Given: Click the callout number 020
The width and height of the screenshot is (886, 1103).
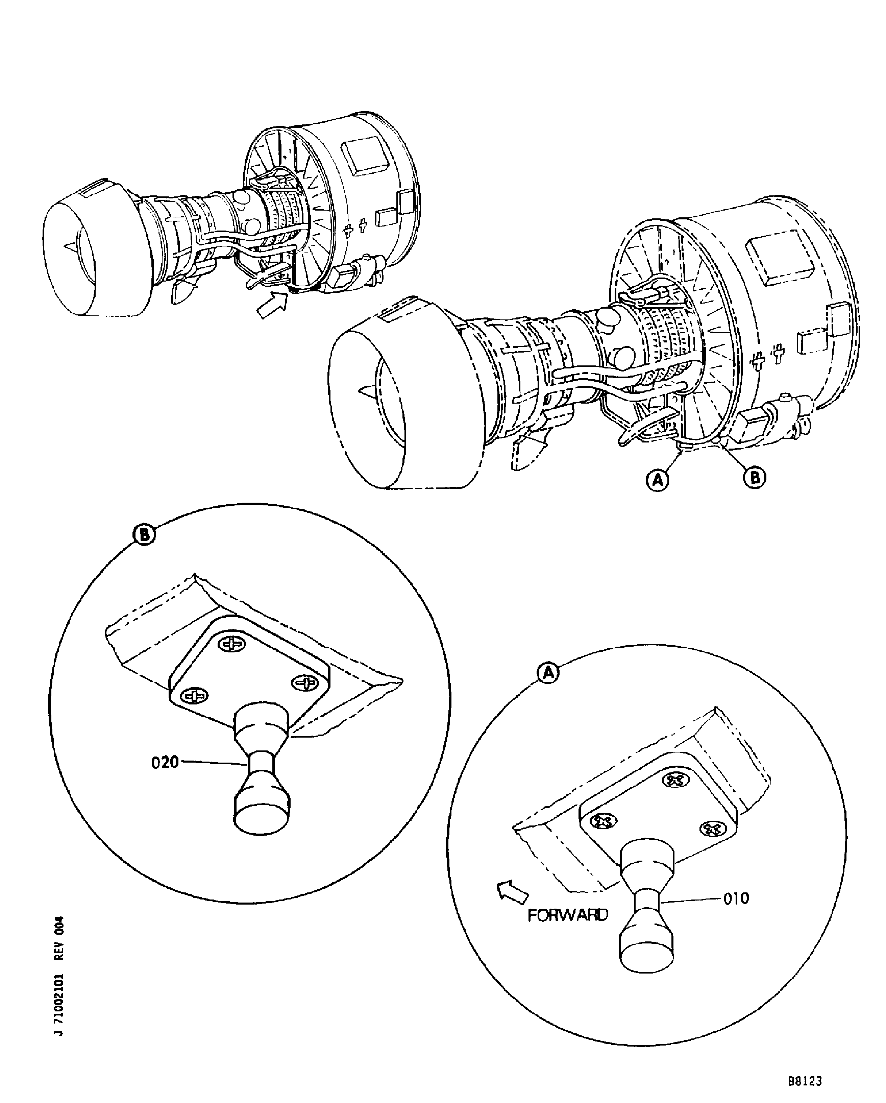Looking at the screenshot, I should [x=165, y=763].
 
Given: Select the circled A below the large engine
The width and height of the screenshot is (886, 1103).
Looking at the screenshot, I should [x=658, y=480].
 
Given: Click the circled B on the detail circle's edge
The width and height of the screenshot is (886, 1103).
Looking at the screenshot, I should [x=144, y=535].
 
